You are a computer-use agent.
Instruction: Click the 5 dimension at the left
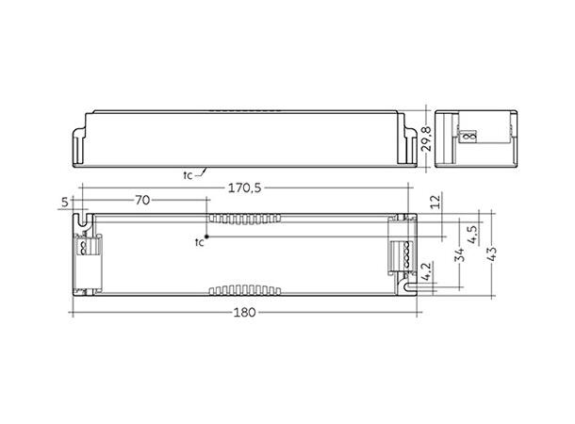(63, 201)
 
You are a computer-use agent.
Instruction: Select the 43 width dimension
(490, 255)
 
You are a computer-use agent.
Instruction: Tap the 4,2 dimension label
(429, 275)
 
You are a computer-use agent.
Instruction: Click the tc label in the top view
(199, 243)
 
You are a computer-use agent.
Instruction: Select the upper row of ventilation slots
(244, 218)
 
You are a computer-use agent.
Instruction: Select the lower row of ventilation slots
(244, 288)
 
